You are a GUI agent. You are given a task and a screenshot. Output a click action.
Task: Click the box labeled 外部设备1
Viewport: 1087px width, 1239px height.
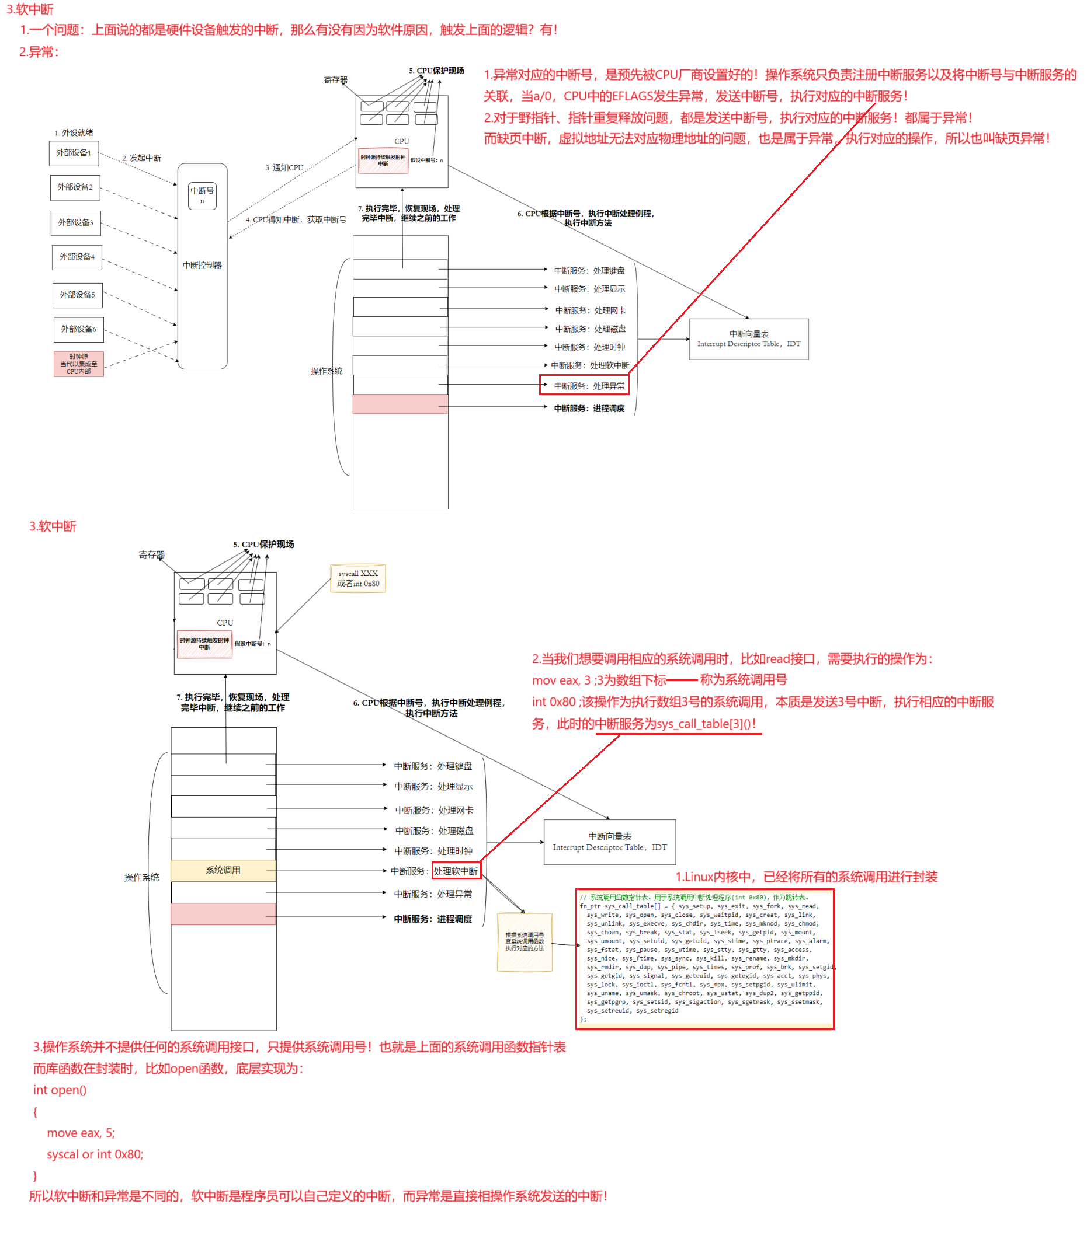(74, 153)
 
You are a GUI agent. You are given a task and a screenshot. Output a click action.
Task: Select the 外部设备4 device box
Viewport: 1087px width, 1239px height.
(77, 257)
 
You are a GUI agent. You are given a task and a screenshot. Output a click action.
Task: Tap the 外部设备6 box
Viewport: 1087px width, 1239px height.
(78, 329)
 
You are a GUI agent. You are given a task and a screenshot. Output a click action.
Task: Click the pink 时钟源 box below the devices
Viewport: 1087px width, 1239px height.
(78, 364)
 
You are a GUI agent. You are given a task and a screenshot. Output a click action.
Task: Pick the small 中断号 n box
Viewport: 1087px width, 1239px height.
(202, 195)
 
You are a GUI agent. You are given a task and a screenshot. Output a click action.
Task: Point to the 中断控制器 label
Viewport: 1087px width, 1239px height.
(202, 266)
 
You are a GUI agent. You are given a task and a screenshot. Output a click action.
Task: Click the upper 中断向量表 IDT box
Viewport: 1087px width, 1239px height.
(749, 339)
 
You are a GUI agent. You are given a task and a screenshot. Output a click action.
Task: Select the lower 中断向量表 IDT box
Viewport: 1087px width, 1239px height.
(609, 842)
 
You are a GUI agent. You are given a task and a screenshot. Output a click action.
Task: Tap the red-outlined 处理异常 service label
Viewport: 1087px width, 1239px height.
(584, 386)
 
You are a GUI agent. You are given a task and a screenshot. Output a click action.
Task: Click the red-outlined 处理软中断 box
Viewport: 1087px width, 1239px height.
(456, 871)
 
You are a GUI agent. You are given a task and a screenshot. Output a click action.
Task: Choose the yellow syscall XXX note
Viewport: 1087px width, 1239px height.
(358, 578)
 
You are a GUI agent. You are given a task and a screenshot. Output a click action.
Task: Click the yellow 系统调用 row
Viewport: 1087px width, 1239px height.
(223, 871)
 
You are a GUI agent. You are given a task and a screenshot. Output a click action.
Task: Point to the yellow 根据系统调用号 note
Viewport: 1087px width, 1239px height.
(524, 942)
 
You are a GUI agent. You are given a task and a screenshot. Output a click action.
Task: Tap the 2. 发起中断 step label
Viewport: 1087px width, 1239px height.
(142, 158)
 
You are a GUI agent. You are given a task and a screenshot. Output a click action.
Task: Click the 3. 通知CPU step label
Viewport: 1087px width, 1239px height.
(284, 168)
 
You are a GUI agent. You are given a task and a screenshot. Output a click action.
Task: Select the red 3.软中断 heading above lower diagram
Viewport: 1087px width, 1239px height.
(53, 526)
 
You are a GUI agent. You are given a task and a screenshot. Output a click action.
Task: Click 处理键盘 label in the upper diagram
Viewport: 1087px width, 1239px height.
(589, 271)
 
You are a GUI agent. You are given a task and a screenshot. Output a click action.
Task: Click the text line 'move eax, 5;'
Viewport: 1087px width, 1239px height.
(81, 1132)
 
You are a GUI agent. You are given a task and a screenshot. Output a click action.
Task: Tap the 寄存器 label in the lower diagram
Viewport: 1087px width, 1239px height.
(152, 554)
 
